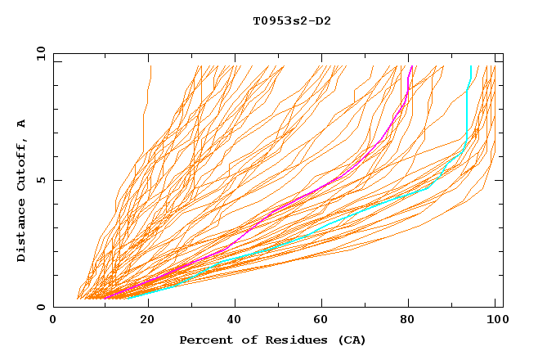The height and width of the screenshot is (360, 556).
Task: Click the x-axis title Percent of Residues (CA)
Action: click(x=272, y=340)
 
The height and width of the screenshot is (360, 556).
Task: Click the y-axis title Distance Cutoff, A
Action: click(x=21, y=190)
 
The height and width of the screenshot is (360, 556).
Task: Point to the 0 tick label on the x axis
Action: click(x=53, y=320)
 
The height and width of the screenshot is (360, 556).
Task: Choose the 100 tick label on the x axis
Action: click(x=495, y=320)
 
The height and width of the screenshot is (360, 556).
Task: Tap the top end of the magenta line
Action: click(x=411, y=66)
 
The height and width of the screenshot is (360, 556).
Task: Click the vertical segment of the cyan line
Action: click(x=466, y=115)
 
